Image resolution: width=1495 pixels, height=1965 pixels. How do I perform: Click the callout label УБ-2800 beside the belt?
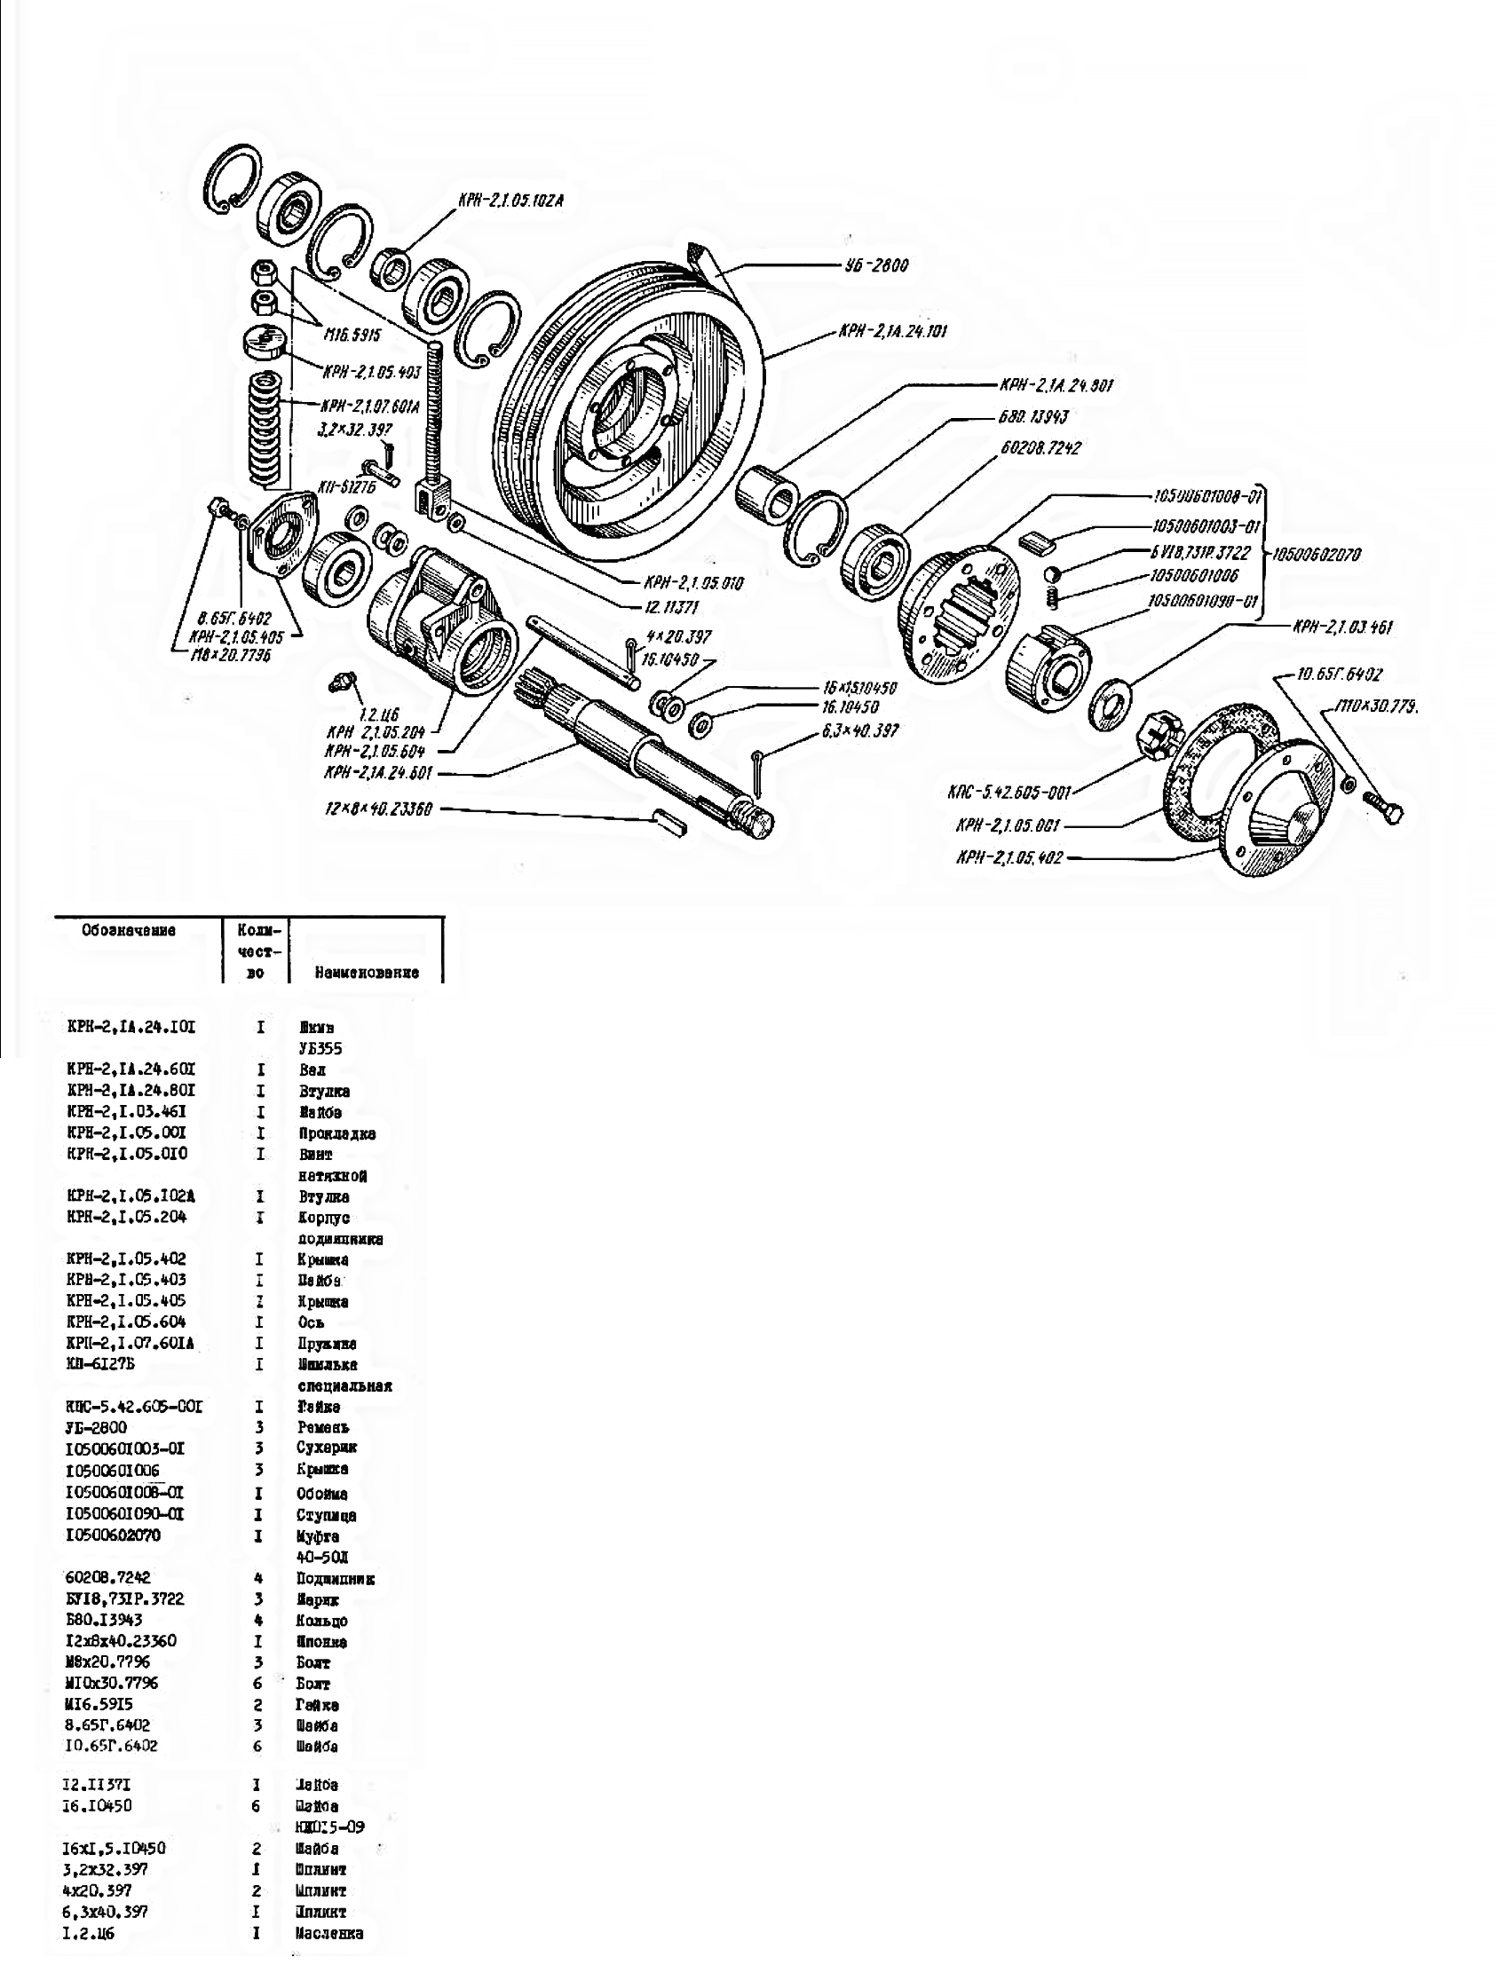coord(875,265)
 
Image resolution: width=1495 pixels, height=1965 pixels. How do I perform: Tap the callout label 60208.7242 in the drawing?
coord(1040,448)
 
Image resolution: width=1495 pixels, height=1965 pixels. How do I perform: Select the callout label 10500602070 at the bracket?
coord(1317,554)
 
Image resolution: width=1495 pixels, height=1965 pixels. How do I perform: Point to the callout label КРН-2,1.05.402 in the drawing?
coord(1009,858)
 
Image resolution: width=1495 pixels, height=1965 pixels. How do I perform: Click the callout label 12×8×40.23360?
coord(378,810)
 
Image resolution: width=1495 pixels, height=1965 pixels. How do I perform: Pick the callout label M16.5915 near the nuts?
coord(352,335)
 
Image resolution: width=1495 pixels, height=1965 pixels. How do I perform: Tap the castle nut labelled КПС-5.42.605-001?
coord(1158,738)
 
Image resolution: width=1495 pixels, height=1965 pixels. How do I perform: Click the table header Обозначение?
coord(129,930)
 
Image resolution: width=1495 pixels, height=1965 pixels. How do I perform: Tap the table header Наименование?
coord(367,972)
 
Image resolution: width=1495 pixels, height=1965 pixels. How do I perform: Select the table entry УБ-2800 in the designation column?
coord(97,1428)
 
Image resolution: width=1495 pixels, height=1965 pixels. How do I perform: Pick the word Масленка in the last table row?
coord(329,1933)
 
